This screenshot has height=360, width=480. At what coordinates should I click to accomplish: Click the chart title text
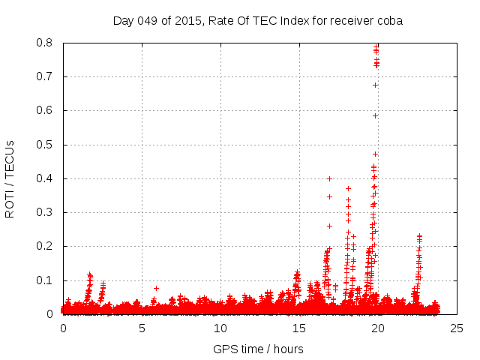(257, 21)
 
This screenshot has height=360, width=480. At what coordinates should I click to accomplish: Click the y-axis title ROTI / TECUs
(10, 178)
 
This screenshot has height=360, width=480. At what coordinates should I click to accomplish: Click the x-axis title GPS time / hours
(258, 349)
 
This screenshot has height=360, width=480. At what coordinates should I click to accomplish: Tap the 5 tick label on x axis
(142, 328)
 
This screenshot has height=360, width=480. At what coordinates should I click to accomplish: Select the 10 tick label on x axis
(220, 328)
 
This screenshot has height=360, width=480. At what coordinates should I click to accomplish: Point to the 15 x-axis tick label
(299, 328)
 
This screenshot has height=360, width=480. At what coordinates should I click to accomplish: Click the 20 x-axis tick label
(378, 328)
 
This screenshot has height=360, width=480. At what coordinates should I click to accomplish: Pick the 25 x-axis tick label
(456, 328)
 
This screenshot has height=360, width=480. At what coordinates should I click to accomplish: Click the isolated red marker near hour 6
(156, 288)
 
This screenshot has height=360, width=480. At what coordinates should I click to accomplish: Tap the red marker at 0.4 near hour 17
(329, 178)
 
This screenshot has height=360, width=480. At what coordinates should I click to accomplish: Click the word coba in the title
(389, 21)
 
